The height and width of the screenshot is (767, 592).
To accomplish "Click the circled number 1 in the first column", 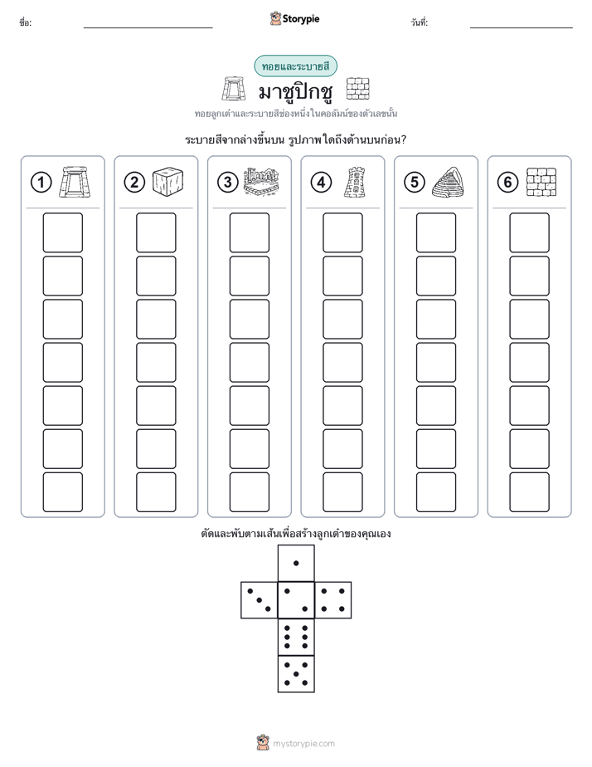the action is tap(41, 183).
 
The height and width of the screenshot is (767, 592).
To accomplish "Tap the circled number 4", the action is tap(321, 183).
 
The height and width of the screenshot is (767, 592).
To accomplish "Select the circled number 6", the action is tap(507, 183).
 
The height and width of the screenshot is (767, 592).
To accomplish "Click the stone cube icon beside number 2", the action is tap(167, 182).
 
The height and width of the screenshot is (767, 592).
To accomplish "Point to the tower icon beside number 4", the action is tap(355, 182).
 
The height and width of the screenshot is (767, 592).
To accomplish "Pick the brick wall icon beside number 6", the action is tap(541, 182).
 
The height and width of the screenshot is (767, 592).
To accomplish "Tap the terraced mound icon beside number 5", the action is tap(448, 182).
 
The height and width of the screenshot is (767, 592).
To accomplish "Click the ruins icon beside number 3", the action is tap(261, 182).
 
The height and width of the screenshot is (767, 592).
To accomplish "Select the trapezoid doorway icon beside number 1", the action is tap(75, 182).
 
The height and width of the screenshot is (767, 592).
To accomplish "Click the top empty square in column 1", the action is tap(62, 232).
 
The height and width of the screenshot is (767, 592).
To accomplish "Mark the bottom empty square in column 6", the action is tap(530, 492).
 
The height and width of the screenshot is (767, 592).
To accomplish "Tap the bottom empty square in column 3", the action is tap(249, 492).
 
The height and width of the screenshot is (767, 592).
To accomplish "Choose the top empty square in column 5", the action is tap(436, 232).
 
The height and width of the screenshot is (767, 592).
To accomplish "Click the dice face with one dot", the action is tap(296, 563).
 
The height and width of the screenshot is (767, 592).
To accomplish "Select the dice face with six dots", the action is tap(296, 637).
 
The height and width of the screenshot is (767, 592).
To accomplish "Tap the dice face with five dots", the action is tap(296, 674).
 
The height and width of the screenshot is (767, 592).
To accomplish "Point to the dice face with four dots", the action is tap(333, 600).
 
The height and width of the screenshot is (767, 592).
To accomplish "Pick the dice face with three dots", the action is tap(259, 600).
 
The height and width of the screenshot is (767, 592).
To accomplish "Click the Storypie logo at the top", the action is tap(294, 18).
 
